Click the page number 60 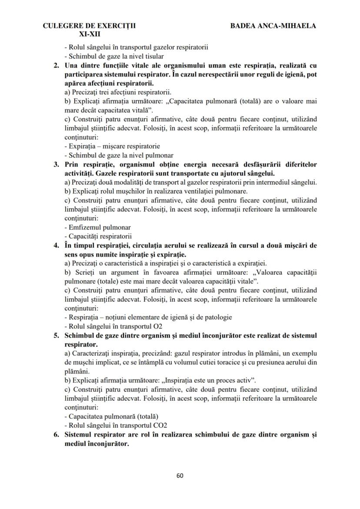point(180,475)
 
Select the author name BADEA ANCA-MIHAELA point(273,26)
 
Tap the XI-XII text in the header point(90,33)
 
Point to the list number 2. point(56,66)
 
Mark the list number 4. point(56,245)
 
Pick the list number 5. point(56,335)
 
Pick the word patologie point(217,317)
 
